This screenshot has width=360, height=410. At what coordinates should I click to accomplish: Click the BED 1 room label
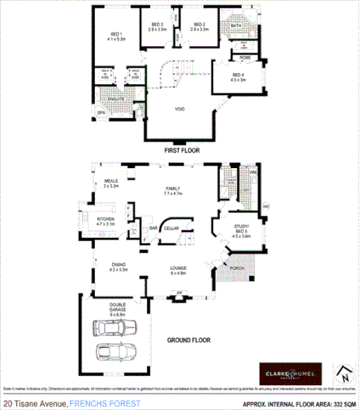coord(117,34)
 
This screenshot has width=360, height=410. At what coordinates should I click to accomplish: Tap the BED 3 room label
coord(156,25)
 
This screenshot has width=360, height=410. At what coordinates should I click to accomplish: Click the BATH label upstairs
coord(236,26)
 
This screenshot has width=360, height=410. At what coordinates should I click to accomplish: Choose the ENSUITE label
coord(117,99)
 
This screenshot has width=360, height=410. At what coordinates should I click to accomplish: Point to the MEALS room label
coord(110,181)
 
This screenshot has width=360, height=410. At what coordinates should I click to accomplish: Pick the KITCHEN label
coord(107,220)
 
